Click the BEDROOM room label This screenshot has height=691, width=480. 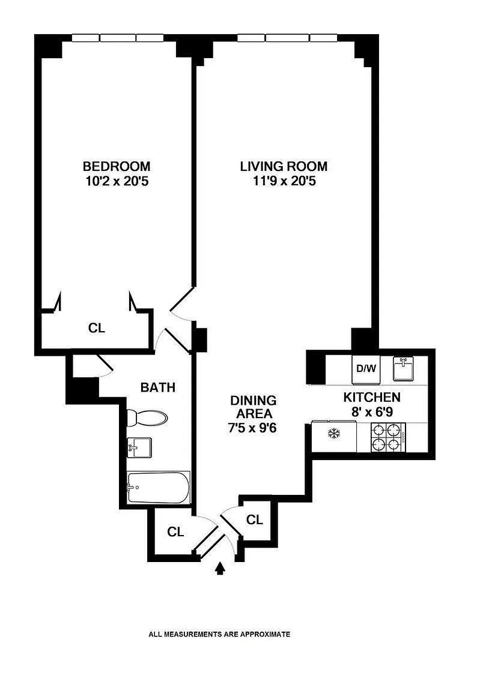(117, 166)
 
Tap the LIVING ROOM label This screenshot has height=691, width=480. (284, 166)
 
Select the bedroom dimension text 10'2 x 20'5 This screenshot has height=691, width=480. (117, 181)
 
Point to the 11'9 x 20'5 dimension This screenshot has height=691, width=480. (285, 181)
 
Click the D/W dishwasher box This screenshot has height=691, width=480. (366, 368)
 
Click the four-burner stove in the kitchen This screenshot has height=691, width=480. (388, 437)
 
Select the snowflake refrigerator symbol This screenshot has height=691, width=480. (334, 434)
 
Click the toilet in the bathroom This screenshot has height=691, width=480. (147, 417)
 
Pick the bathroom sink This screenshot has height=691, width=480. (139, 447)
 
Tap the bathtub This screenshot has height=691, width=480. (159, 488)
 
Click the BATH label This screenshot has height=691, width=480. (158, 387)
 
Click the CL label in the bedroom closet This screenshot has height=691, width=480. (97, 328)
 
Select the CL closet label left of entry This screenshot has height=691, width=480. (175, 532)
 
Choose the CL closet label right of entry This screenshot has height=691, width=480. (255, 519)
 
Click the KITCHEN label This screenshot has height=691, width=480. (372, 397)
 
